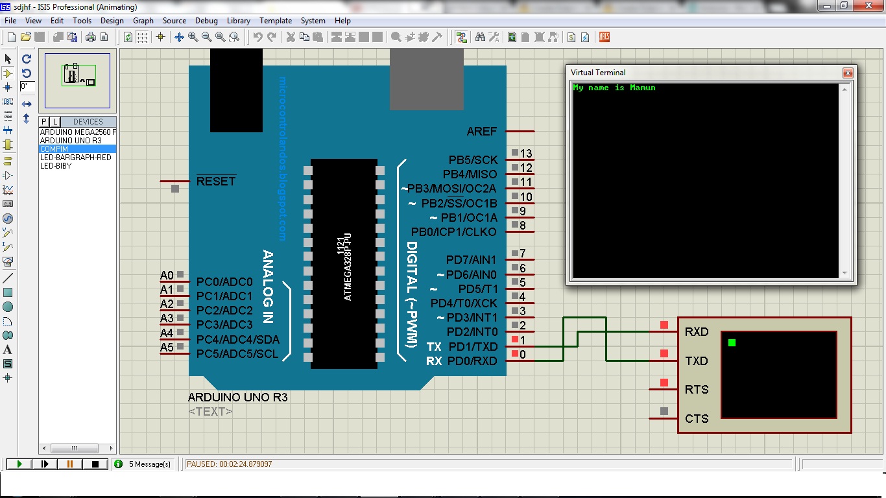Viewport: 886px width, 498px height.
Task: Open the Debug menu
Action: pyautogui.click(x=206, y=21)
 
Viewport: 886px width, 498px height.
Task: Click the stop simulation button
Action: pyautogui.click(x=95, y=464)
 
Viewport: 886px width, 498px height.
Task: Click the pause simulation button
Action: pyautogui.click(x=70, y=464)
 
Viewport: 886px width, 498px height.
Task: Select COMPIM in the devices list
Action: pyautogui.click(x=54, y=149)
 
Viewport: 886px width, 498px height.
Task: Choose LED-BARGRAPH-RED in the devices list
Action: pyautogui.click(x=75, y=158)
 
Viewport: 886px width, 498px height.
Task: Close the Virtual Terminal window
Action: pyautogui.click(x=847, y=73)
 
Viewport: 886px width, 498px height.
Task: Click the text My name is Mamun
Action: pyautogui.click(x=614, y=88)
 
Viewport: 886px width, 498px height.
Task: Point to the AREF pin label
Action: pyautogui.click(x=481, y=132)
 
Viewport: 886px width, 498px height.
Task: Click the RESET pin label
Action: pyautogui.click(x=216, y=182)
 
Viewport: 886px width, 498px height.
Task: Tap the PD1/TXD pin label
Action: pyautogui.click(x=472, y=347)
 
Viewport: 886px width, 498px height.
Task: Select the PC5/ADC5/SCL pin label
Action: pyautogui.click(x=237, y=354)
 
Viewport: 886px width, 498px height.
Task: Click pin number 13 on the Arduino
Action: pyautogui.click(x=526, y=154)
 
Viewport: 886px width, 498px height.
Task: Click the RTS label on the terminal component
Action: pyautogui.click(x=697, y=390)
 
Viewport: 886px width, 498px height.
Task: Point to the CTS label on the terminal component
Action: pyautogui.click(x=697, y=419)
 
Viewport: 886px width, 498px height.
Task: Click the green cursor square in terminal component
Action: pyautogui.click(x=732, y=342)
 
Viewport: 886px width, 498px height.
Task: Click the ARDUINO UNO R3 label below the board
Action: pyautogui.click(x=237, y=397)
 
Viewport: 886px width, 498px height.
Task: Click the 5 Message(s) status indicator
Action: pyautogui.click(x=149, y=464)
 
